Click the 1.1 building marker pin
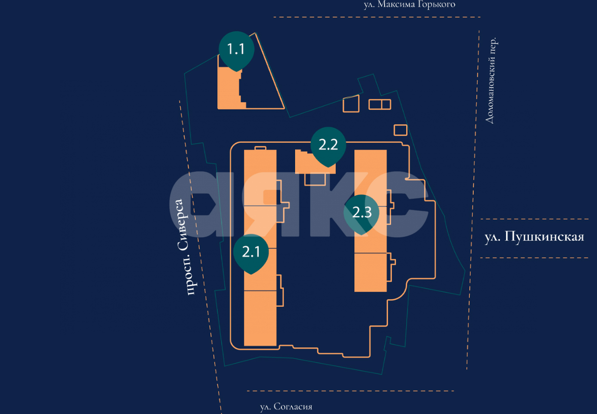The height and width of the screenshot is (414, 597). [x=236, y=49]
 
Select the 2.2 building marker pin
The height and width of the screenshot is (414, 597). [x=328, y=145]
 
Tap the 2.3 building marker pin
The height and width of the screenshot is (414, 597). [x=362, y=212]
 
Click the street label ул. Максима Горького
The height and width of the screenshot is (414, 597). [x=409, y=5]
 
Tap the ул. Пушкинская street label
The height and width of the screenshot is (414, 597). [x=534, y=237]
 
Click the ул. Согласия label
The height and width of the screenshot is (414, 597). [x=286, y=407]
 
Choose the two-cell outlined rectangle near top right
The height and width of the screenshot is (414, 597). [x=380, y=104]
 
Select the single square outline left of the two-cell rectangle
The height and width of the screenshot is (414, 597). [x=351, y=105]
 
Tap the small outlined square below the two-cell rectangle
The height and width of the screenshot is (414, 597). [x=400, y=130]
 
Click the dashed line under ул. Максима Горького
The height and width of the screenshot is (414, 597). [x=377, y=17]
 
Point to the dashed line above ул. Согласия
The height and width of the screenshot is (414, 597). [x=350, y=391]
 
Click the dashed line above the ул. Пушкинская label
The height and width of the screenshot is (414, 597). [x=534, y=219]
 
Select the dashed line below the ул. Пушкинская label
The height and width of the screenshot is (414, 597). [x=534, y=258]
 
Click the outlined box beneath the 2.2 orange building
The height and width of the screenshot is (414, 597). [x=315, y=179]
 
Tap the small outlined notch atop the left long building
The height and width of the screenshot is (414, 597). [x=260, y=148]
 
